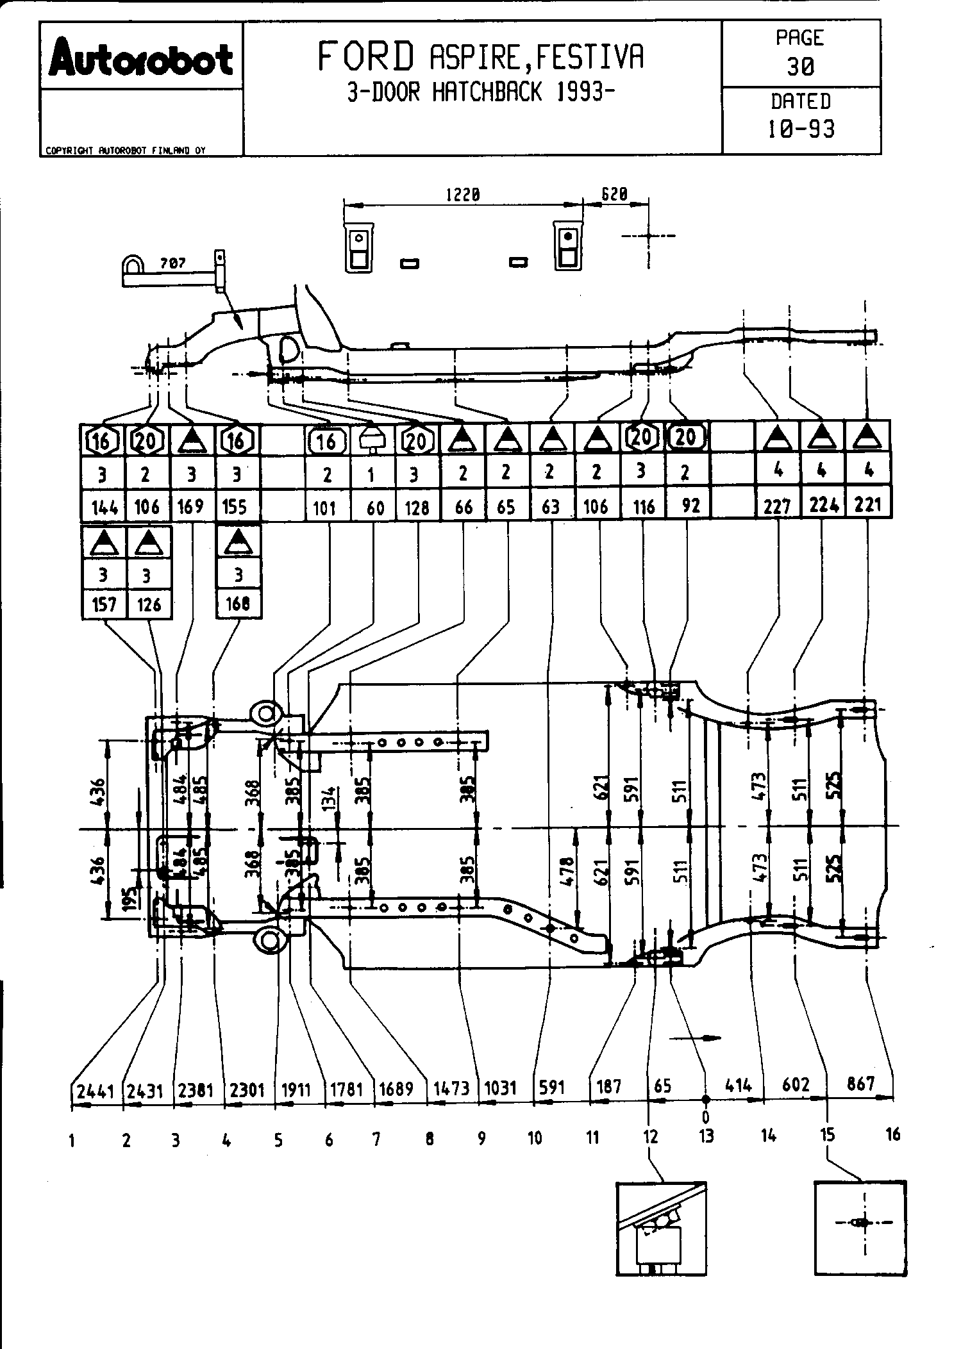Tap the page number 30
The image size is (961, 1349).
800,67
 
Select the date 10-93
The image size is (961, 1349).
801,129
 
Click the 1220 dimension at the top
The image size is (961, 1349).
462,195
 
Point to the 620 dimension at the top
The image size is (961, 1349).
614,194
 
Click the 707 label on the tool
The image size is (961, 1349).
171,263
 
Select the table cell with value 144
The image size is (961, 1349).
104,508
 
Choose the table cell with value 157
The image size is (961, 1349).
104,604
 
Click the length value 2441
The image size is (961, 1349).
95,1090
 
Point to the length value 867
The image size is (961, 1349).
860,1084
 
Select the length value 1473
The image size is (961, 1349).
451,1088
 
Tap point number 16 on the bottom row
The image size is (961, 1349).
892,1135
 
